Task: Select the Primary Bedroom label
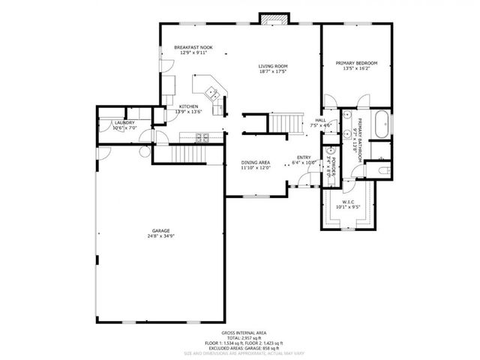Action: point(356,63)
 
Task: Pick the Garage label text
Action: point(160,230)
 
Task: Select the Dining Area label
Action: point(255,162)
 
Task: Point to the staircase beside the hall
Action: point(285,122)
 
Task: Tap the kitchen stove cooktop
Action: point(202,137)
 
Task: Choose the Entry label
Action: point(303,157)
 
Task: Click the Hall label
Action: point(320,119)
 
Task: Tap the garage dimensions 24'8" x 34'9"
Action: point(160,236)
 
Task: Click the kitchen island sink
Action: point(214,94)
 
